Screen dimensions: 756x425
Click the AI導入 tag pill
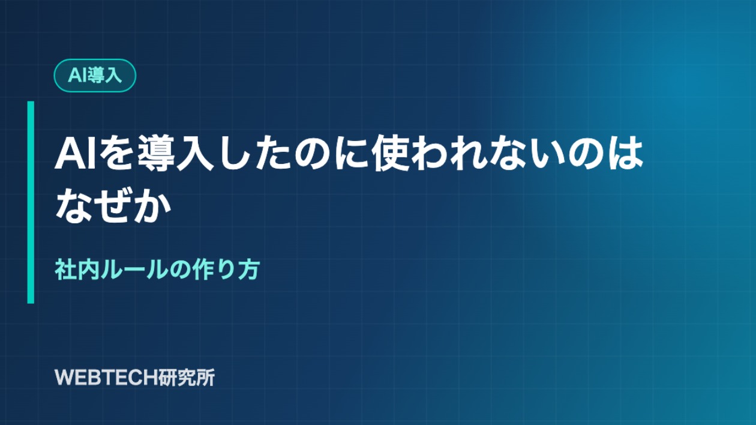click(95, 76)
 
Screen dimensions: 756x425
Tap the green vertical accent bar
click(31, 202)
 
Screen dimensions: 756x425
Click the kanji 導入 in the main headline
click(176, 154)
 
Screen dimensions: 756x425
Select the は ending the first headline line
click(625, 154)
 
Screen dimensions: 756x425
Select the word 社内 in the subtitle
click(77, 270)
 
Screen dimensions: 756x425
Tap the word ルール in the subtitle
click(134, 270)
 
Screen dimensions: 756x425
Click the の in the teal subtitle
click(179, 270)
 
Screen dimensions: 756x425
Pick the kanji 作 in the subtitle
click(203, 270)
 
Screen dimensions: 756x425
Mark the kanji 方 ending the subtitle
click(249, 270)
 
